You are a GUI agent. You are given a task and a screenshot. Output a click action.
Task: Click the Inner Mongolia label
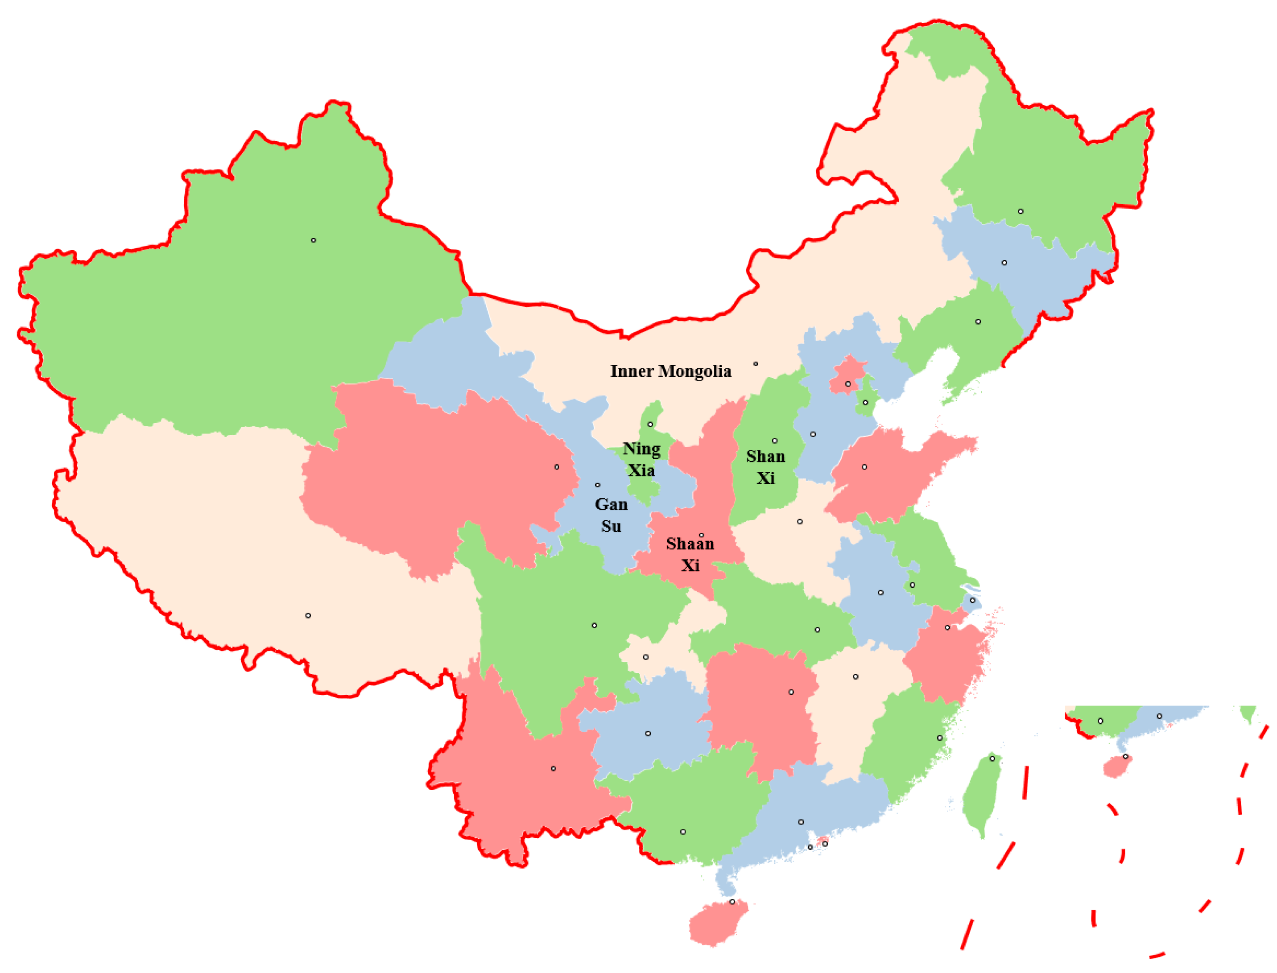[670, 371]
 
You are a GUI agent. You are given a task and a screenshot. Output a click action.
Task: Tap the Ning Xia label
[641, 460]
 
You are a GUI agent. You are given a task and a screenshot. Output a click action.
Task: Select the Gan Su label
[611, 515]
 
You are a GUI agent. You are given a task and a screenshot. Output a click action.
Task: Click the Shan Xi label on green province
[765, 467]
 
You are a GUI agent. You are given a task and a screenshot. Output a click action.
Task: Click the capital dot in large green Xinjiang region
[314, 240]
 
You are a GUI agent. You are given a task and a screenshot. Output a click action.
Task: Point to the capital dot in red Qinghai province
[557, 467]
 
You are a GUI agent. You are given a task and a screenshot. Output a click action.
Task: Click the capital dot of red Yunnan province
[554, 769]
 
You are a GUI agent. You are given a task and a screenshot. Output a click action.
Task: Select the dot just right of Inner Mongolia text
[756, 364]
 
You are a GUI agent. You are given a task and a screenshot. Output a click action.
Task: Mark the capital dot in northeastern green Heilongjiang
[1021, 211]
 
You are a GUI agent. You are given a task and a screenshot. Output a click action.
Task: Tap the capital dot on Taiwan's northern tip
[992, 759]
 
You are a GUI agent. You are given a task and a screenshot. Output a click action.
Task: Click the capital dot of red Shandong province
[864, 467]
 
